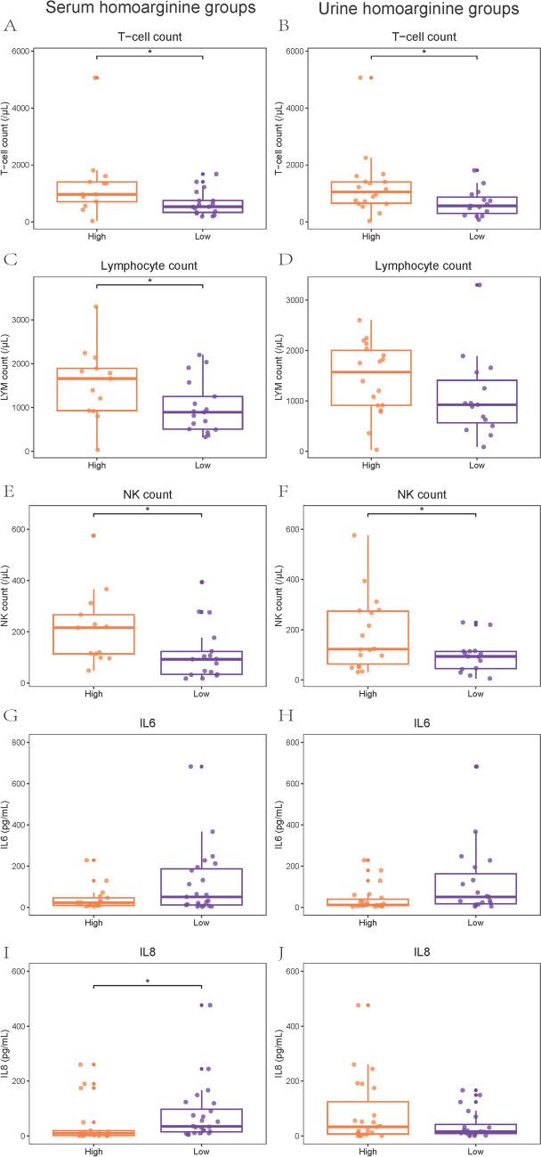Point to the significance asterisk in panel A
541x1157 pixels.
[x=149, y=53]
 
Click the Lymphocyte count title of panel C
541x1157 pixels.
[x=149, y=267]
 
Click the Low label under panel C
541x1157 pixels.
[x=204, y=465]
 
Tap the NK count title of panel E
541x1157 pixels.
[x=149, y=495]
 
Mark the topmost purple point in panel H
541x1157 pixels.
[x=477, y=766]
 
